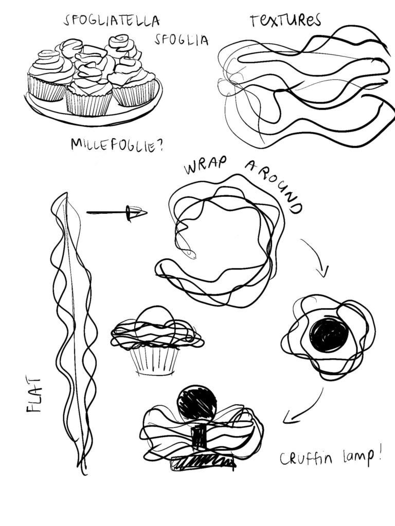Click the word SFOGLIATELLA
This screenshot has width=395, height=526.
(x=112, y=21)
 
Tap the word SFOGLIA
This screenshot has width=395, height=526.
(x=182, y=40)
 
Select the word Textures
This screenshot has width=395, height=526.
(x=285, y=20)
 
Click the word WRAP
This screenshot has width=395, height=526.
(x=205, y=165)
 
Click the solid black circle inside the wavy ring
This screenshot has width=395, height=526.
(x=328, y=335)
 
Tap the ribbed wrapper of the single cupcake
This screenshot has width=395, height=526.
(x=154, y=361)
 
